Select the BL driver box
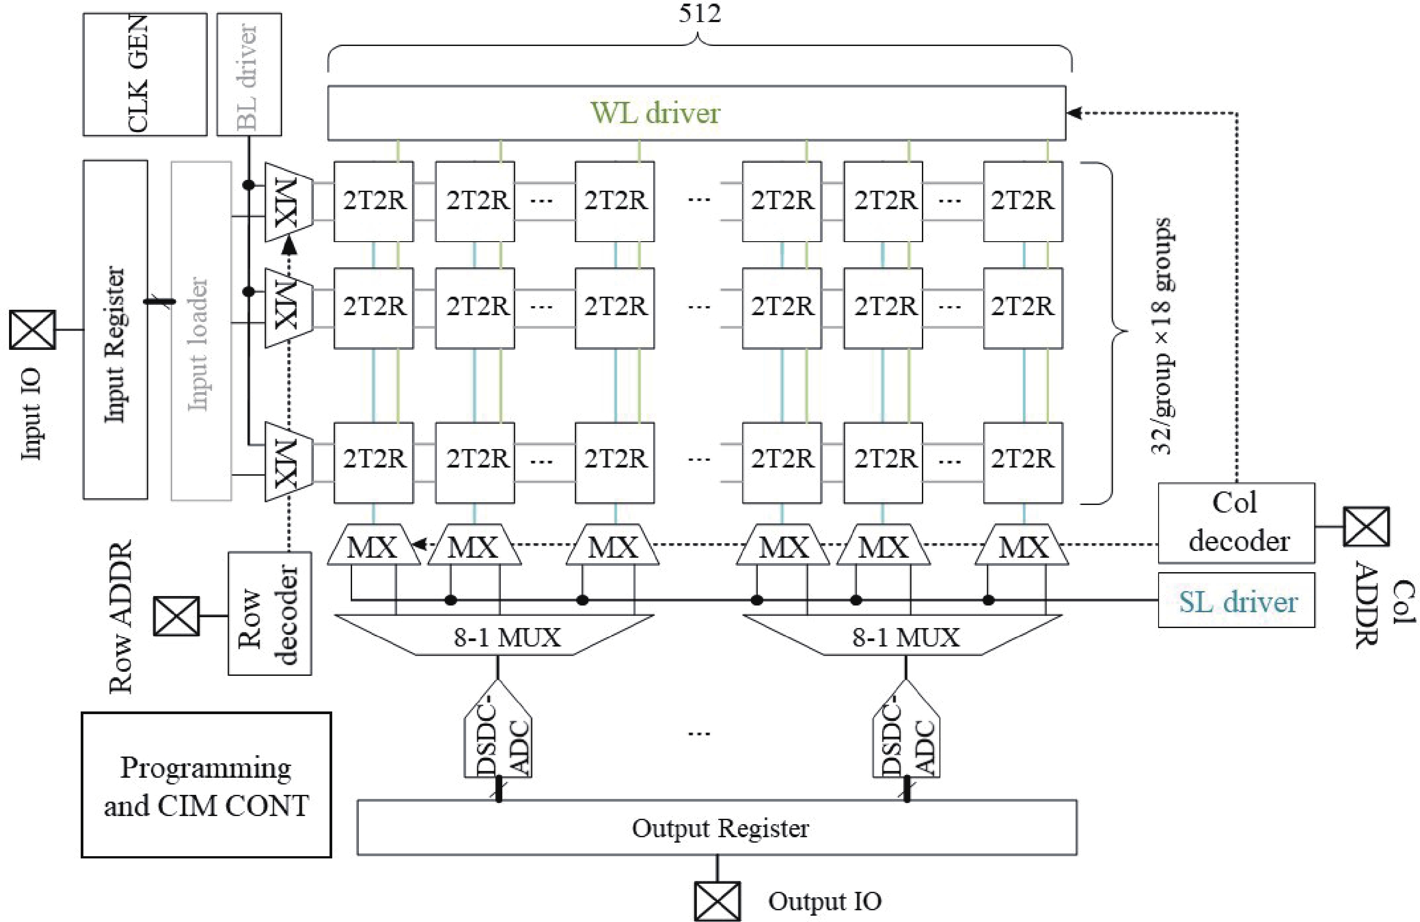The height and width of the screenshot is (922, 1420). click(x=249, y=74)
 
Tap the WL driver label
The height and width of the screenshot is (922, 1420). click(x=655, y=113)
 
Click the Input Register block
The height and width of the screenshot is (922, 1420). click(x=115, y=330)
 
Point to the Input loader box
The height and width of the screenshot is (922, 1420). click(x=201, y=330)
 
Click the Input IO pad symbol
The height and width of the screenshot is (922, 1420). click(x=32, y=330)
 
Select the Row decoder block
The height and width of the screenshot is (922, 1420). click(x=270, y=614)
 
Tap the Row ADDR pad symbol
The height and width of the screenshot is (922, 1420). click(x=176, y=616)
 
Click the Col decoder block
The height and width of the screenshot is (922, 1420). click(x=1236, y=523)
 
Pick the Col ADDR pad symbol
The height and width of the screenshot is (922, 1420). click(x=1366, y=526)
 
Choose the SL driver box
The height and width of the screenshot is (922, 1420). click(x=1236, y=601)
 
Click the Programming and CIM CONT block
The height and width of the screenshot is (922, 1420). click(x=206, y=785)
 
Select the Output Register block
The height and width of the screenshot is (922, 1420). click(x=717, y=828)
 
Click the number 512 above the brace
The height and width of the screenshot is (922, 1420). click(x=699, y=13)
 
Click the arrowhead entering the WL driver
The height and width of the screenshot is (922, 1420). click(x=1074, y=113)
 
